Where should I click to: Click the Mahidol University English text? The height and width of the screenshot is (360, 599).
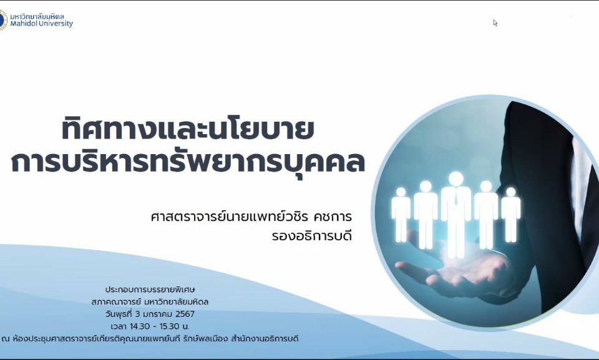pos(41,24)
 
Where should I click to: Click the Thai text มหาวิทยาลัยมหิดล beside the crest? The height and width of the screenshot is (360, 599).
pos(37,16)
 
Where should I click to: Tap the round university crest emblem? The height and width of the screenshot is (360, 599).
pos(3,20)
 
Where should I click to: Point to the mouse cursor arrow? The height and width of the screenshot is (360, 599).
pos(495,23)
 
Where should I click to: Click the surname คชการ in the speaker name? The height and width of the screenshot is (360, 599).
pos(333,216)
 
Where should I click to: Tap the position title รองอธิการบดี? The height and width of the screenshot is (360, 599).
pos(312,236)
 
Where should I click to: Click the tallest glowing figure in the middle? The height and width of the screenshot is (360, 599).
pos(455,214)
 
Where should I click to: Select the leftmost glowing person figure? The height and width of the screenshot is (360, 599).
pos(401,214)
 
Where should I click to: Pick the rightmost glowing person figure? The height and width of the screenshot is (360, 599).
pos(511,214)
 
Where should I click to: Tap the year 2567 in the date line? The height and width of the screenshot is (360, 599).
pos(185,314)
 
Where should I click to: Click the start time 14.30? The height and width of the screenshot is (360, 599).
pos(140,326)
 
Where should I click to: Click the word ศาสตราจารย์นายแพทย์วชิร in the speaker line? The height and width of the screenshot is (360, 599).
pos(229,216)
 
